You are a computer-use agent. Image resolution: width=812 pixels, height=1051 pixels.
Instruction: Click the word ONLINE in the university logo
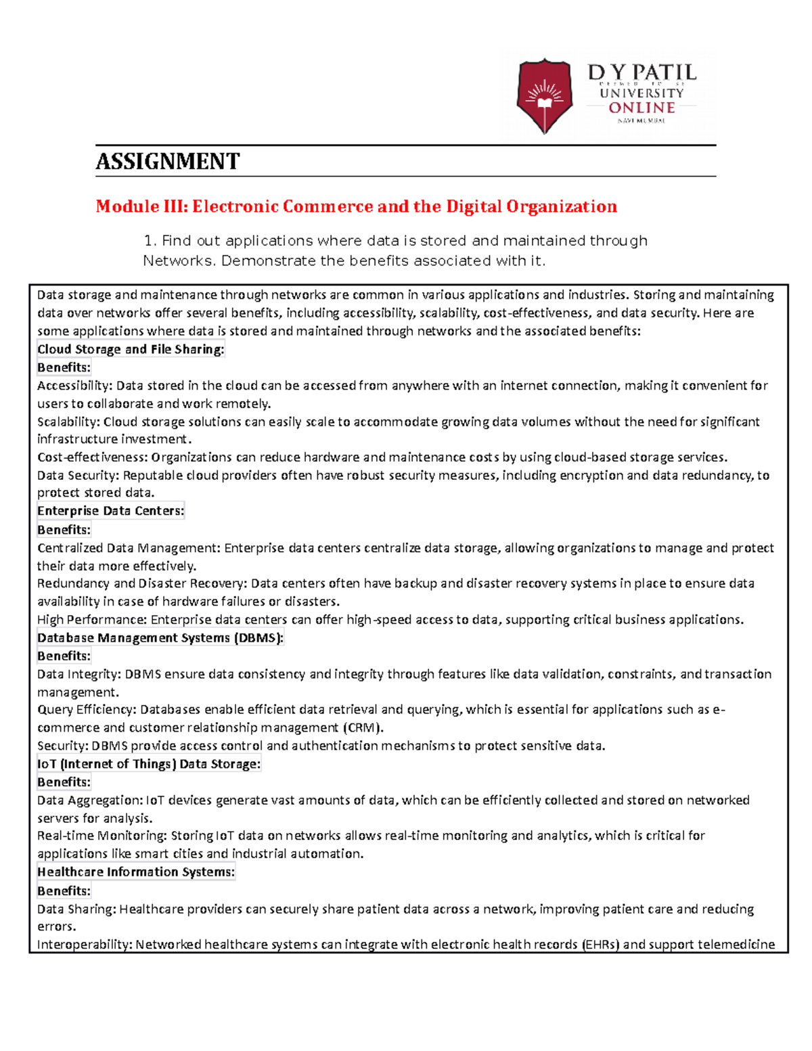641,108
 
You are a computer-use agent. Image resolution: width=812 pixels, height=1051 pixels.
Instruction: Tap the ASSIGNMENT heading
167,162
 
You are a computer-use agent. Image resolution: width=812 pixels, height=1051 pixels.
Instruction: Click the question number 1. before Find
150,241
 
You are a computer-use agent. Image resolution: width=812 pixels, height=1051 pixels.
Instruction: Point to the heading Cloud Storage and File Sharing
131,349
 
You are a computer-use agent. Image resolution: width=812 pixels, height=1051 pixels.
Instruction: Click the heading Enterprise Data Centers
110,511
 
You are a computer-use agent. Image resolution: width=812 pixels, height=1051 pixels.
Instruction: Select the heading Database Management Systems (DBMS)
160,638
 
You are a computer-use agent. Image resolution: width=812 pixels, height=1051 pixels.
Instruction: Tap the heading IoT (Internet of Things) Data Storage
149,764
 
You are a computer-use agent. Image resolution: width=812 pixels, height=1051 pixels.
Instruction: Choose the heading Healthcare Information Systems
136,872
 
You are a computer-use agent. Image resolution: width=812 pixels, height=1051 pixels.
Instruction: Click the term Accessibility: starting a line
75,386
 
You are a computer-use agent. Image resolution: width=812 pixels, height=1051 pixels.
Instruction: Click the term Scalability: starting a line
68,422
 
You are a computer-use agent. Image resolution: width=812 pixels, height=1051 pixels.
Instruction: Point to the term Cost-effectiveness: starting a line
92,457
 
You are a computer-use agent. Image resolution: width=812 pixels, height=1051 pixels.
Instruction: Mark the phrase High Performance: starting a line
92,619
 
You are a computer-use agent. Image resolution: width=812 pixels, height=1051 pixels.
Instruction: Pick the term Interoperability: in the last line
85,944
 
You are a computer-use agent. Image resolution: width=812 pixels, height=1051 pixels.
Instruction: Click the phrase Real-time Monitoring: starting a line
102,836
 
